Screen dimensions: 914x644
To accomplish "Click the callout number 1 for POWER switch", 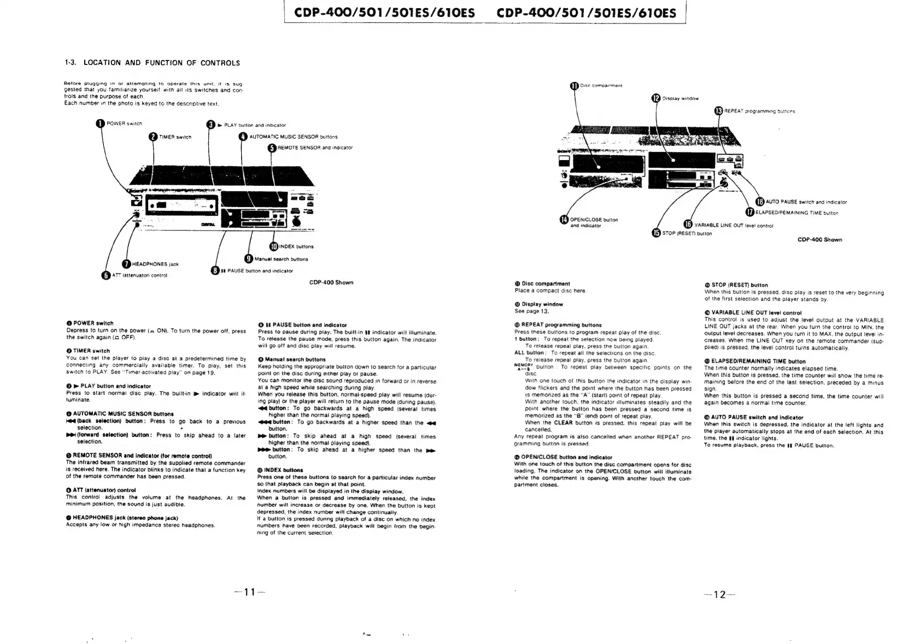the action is tap(101, 123).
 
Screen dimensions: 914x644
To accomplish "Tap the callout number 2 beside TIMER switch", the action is tap(154, 137).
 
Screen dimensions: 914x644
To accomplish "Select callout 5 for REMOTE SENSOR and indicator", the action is tap(272, 148).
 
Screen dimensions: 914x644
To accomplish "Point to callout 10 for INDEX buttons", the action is tap(274, 246).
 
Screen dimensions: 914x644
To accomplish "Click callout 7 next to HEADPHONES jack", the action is tap(127, 264).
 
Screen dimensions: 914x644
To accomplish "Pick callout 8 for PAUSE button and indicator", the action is tap(216, 270).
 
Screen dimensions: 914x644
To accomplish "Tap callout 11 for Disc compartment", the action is tap(575, 86).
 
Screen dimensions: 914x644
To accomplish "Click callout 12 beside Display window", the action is tap(656, 98).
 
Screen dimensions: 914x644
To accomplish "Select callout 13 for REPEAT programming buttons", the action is tap(719, 111).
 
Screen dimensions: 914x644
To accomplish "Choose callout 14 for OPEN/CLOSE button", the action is tap(564, 220).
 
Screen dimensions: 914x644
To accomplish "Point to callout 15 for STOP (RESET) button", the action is tap(656, 233).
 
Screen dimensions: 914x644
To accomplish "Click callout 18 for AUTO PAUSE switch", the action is tap(760, 202).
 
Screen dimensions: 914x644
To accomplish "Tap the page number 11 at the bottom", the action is tap(250, 593).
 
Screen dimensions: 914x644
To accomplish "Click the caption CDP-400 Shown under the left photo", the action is tap(331, 282).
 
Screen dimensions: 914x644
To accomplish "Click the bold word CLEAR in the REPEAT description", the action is tap(563, 423).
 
